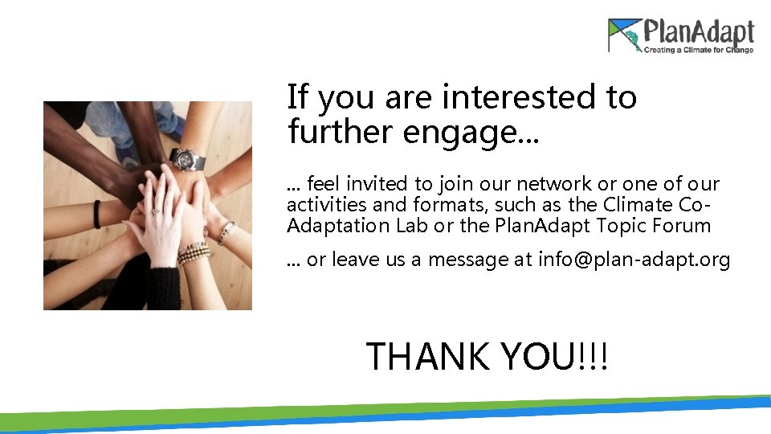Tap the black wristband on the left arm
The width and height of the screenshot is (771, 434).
pyautogui.click(x=97, y=214)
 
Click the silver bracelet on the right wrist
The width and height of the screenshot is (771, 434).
pyautogui.click(x=226, y=232)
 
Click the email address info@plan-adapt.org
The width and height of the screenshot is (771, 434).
pyautogui.click(x=634, y=260)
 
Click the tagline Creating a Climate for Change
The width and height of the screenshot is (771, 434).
pyautogui.click(x=697, y=51)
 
